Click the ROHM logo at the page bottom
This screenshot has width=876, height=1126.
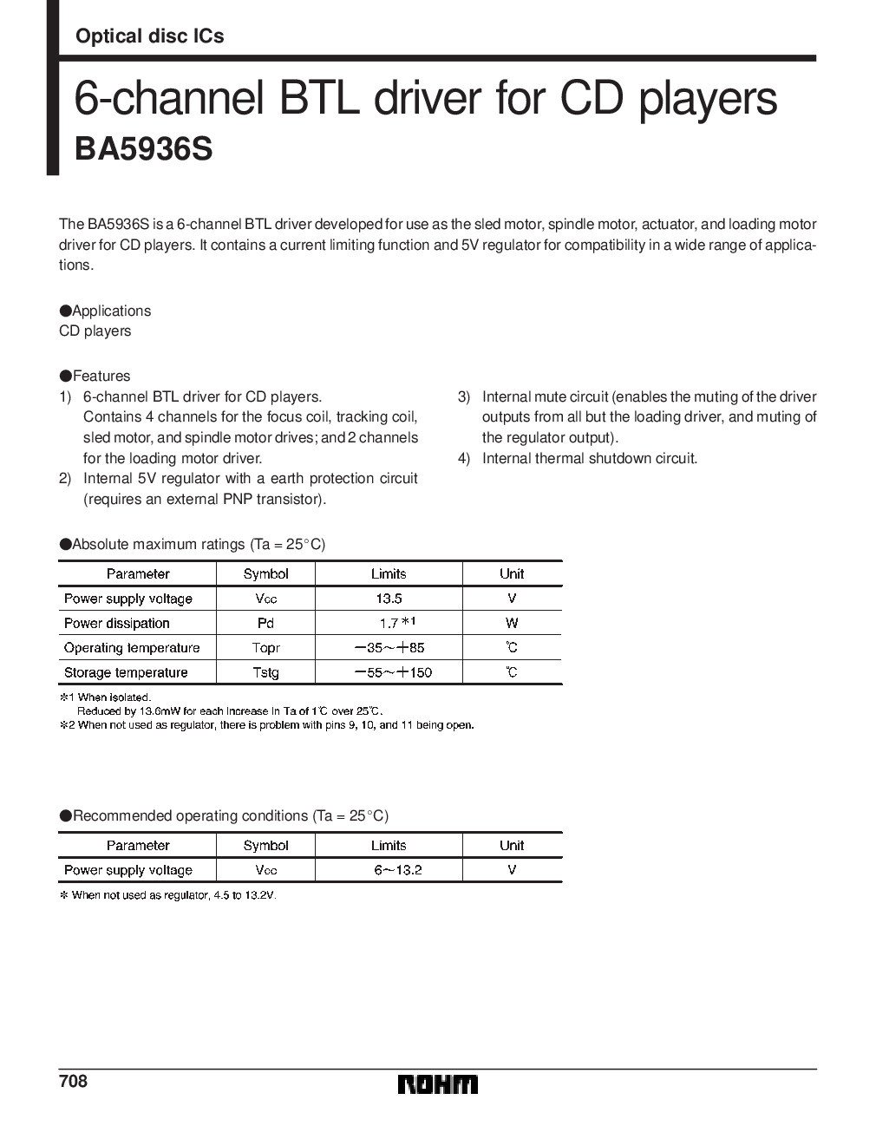click(438, 1084)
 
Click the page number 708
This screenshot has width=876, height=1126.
click(74, 1082)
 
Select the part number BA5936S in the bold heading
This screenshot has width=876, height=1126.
click(143, 148)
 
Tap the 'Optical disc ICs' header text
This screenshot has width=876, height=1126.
click(149, 36)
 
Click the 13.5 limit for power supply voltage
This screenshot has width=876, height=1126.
click(388, 599)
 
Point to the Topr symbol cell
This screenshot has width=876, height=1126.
click(265, 648)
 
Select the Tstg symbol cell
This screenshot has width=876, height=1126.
click(265, 672)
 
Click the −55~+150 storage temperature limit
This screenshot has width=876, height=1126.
click(393, 672)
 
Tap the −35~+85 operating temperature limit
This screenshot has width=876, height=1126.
click(389, 648)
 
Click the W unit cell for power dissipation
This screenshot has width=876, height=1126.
click(512, 623)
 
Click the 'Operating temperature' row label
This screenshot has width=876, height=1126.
click(132, 648)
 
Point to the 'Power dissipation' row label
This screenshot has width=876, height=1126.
click(117, 623)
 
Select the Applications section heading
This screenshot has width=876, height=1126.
click(105, 311)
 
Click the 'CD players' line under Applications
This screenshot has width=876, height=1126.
click(95, 331)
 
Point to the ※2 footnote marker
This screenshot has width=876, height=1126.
click(66, 724)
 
